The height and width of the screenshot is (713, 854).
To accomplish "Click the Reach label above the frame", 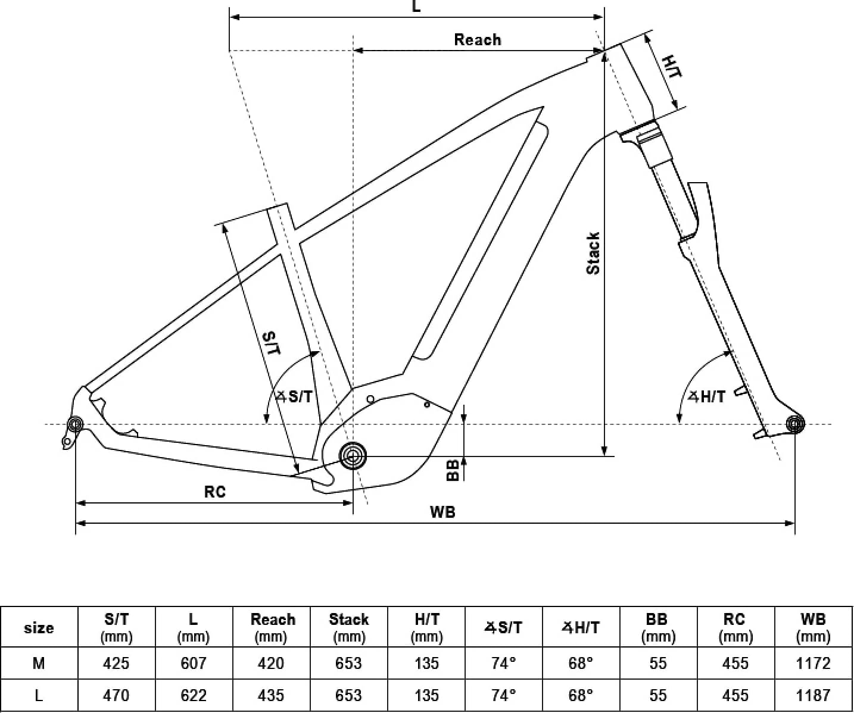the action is [477, 40].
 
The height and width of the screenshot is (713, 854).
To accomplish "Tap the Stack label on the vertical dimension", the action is [593, 254].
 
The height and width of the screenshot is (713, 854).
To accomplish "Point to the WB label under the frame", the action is [442, 512].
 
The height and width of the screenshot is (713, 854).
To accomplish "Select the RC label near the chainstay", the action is [215, 492].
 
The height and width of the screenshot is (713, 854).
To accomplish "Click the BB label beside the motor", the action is [453, 470].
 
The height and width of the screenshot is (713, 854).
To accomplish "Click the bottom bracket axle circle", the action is [353, 456].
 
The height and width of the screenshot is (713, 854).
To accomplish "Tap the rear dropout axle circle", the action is [76, 424].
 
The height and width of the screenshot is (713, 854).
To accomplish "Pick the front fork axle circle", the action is [795, 424].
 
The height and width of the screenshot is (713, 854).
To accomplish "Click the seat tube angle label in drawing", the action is [294, 396].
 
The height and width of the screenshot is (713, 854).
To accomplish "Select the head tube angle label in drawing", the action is [706, 396].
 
